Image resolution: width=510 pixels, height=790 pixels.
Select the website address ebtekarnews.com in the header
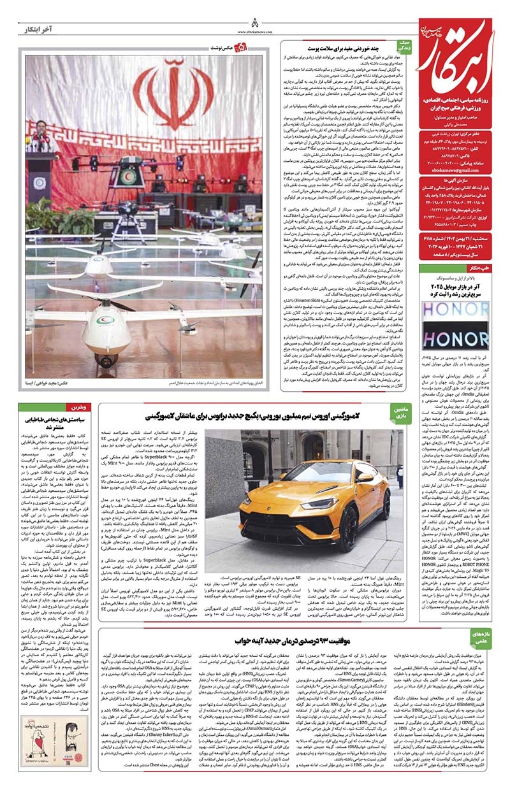tap(255, 31)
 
